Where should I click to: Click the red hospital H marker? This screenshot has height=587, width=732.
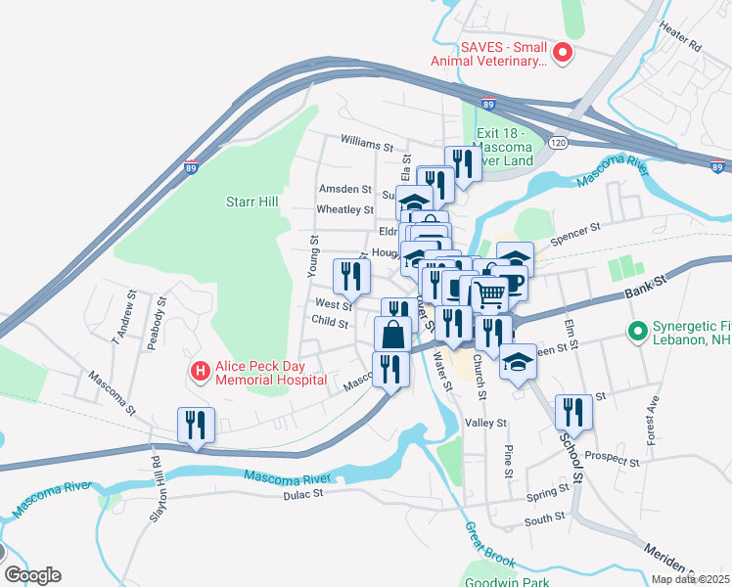200,372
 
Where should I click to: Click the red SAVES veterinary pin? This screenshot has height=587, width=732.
563,53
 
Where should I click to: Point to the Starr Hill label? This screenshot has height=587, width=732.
252,202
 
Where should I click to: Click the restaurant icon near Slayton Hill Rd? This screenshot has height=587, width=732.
196,426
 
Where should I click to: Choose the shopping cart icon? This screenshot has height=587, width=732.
490,293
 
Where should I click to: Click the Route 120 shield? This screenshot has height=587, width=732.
557,142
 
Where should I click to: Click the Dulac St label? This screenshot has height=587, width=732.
303,494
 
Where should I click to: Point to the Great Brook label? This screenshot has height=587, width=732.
490,544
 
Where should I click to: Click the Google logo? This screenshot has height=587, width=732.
32,575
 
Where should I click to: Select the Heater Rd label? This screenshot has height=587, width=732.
681,38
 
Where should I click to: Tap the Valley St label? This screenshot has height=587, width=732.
486,423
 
